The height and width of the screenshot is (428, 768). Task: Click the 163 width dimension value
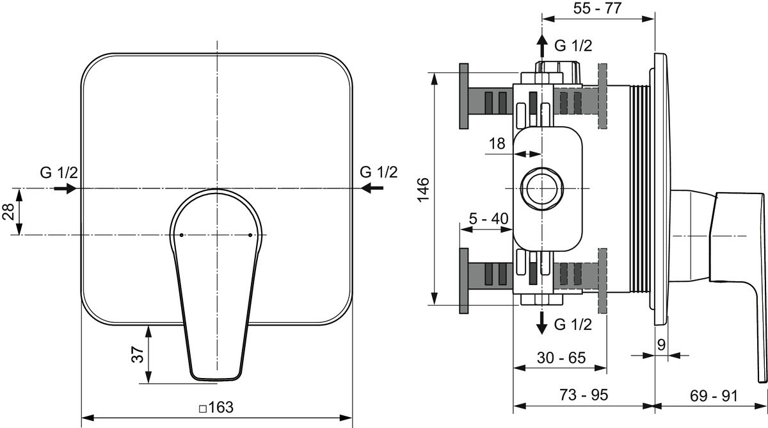coord(220,407)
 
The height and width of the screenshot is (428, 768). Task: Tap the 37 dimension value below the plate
coord(138,354)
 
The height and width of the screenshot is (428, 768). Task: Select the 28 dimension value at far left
coord(8,211)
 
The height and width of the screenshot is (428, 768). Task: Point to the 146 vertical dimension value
coord(424,190)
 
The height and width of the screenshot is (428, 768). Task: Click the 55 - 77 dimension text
coord(597,8)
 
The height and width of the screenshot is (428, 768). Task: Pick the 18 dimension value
coord(497,144)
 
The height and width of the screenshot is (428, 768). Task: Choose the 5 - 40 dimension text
coord(488,218)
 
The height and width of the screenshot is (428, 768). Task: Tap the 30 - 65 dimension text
coord(561,358)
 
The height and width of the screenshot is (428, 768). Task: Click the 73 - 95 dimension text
coord(584,395)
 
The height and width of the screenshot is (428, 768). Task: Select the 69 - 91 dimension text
coord(714,396)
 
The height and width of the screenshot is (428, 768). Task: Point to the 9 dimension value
coord(661,345)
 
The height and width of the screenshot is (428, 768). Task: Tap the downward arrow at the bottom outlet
coord(541,324)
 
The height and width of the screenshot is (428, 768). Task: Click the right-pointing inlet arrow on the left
coord(65,188)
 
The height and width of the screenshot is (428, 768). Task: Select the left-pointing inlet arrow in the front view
coord(372,188)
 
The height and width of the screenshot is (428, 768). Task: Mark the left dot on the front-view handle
coord(181,235)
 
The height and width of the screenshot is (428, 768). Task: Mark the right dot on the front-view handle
coord(250,235)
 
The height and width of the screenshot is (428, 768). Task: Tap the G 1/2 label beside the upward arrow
coord(573,45)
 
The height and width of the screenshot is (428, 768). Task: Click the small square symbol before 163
coord(203,409)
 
